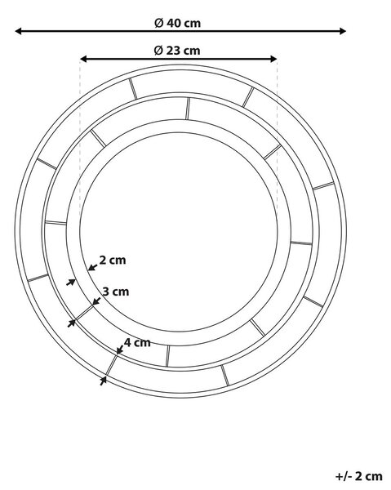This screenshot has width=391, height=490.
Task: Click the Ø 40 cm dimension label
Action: tap(177, 23)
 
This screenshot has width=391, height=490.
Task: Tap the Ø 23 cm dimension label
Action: tap(177, 51)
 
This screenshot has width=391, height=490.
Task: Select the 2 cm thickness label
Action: tap(113, 260)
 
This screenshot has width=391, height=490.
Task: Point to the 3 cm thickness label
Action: tap(116, 292)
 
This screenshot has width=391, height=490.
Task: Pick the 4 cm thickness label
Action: tap(137, 342)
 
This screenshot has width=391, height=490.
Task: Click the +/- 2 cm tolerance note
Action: tap(359, 476)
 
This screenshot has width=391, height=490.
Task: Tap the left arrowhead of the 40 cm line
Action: tap(18, 31)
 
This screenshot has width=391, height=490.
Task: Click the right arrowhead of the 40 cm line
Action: tap(343, 31)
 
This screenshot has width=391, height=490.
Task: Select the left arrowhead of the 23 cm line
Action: tap(83, 59)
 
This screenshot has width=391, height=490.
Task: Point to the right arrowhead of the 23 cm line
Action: tap(273, 59)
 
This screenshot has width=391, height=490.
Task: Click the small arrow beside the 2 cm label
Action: tap(93, 267)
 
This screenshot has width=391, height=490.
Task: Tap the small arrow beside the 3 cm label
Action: tap(96, 301)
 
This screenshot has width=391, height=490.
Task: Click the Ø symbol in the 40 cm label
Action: tap(159, 23)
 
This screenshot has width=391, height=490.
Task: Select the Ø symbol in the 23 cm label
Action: tap(158, 51)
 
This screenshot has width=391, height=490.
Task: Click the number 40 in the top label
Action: tap(173, 23)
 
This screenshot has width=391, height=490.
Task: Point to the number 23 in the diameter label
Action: tap(173, 51)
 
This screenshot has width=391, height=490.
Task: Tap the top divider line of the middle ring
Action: tap(188, 109)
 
